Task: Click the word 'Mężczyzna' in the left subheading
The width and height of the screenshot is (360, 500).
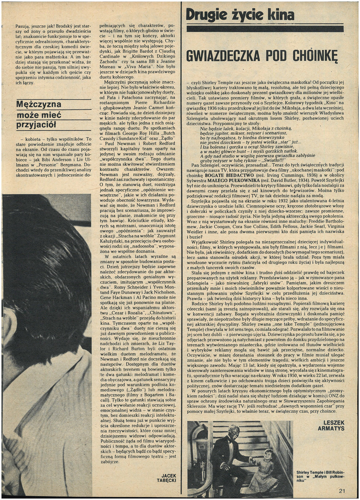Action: (x=39, y=104)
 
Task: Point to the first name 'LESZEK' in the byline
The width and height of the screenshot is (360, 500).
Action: (x=334, y=422)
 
